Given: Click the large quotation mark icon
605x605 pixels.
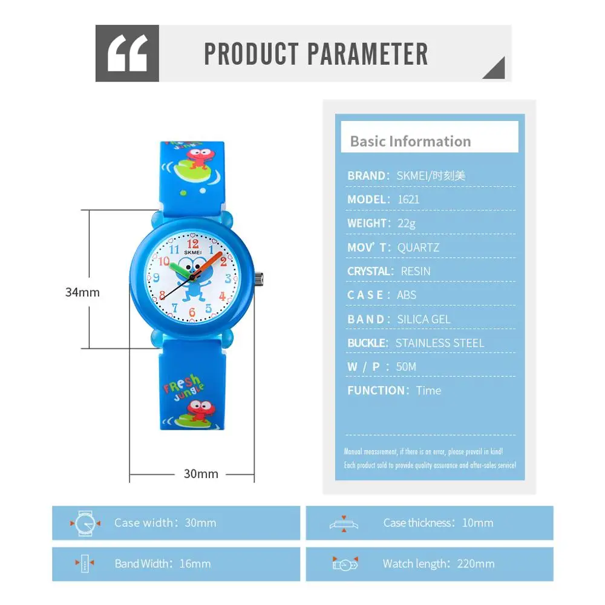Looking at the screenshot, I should pyautogui.click(x=128, y=54).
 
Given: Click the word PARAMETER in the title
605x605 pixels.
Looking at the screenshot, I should pyautogui.click(x=368, y=54).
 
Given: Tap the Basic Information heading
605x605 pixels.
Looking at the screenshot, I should pyautogui.click(x=410, y=142).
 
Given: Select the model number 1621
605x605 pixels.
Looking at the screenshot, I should pyautogui.click(x=408, y=199).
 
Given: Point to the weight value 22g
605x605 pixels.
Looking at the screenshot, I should pyautogui.click(x=407, y=223).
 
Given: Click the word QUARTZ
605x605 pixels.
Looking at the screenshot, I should pyautogui.click(x=418, y=247).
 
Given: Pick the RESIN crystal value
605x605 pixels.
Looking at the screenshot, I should pyautogui.click(x=416, y=271).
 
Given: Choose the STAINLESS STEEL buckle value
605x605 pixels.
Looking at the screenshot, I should pyautogui.click(x=440, y=343).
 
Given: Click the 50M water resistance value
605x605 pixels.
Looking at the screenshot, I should pyautogui.click(x=407, y=367).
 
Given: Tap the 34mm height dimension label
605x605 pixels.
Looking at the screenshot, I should pyautogui.click(x=82, y=292).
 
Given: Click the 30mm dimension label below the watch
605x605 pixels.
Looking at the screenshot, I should pyautogui.click(x=201, y=474).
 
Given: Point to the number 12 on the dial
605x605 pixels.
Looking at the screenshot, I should pyautogui.click(x=192, y=244).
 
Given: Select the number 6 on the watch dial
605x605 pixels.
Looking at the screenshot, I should pyautogui.click(x=192, y=312).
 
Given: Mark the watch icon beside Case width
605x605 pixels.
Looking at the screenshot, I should pyautogui.click(x=85, y=523).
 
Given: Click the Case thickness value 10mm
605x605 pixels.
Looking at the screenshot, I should pyautogui.click(x=477, y=523).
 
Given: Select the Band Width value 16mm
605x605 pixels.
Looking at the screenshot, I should pyautogui.click(x=195, y=564).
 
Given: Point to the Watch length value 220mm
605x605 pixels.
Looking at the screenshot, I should pyautogui.click(x=476, y=564).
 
